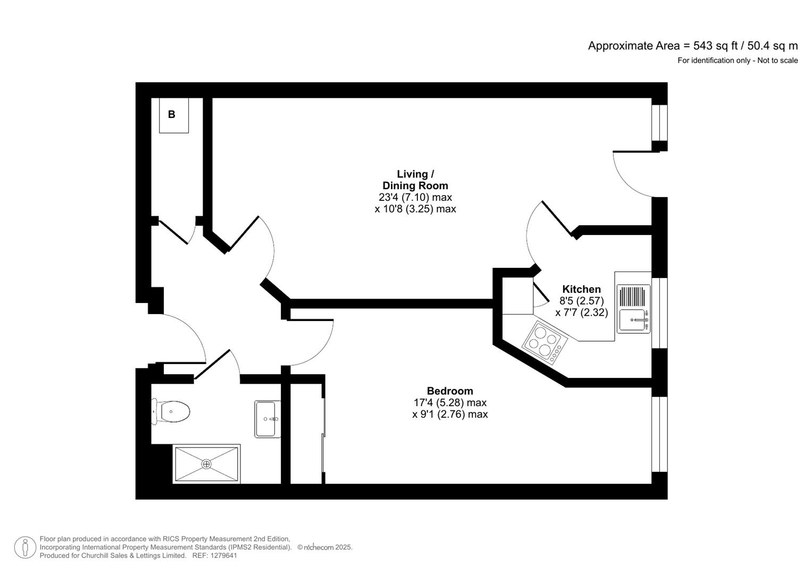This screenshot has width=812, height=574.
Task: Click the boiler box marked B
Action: tap(173, 115)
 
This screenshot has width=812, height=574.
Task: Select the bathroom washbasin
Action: tap(267, 419)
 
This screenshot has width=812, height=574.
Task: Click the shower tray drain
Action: tap(206, 464)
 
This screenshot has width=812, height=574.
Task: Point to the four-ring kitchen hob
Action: tap(545, 343)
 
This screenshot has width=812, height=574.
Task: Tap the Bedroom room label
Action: tap(449, 391)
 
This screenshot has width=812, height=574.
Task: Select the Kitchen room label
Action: tap(581, 289)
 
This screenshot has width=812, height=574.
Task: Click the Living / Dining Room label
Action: tap(415, 180)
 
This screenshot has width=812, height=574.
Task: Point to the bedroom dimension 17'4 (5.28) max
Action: tap(450, 403)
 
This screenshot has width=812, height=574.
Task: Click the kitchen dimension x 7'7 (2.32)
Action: tap(581, 313)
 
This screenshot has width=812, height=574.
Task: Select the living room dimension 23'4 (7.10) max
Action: tap(415, 197)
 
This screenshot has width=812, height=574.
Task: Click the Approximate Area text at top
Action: tap(692, 46)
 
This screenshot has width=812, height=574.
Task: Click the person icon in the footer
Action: tap(25, 547)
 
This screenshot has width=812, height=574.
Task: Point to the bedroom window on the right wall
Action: tap(659, 434)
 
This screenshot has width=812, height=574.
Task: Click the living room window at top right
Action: tap(659, 122)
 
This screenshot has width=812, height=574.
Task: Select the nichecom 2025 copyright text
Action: tap(325, 547)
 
